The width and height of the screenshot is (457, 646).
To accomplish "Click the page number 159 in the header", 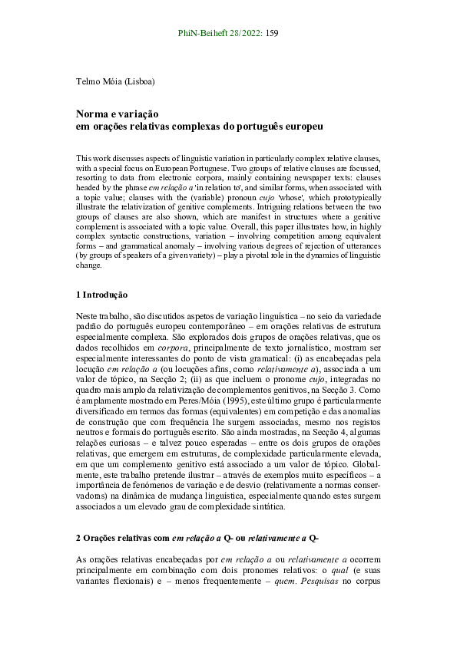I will [x=272, y=34].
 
